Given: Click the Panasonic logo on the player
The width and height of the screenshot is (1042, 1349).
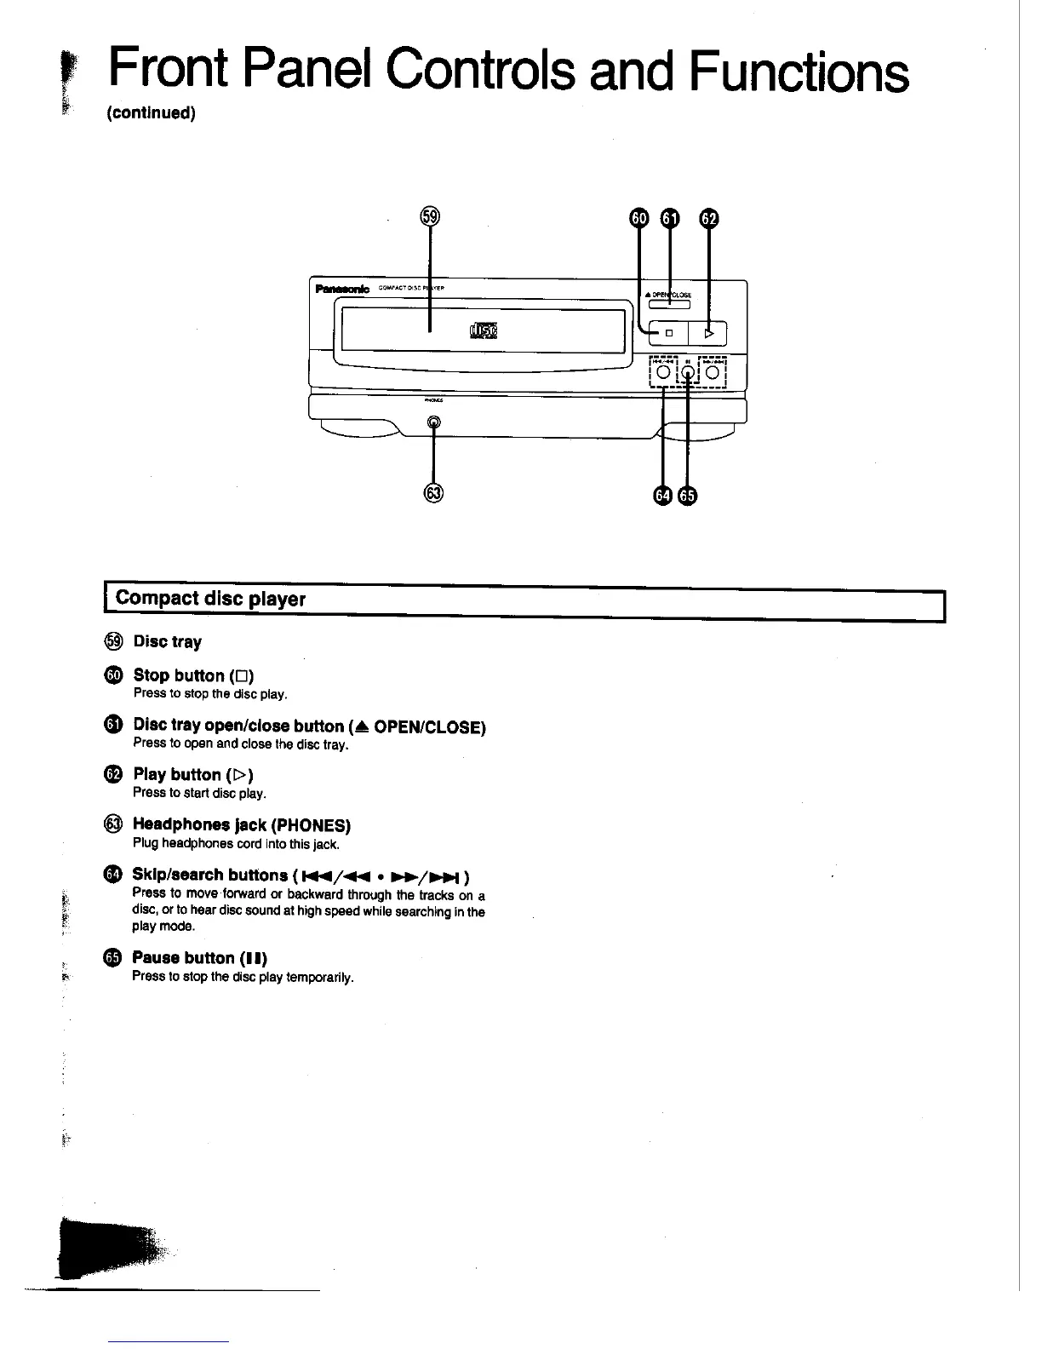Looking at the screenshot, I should pyautogui.click(x=342, y=290).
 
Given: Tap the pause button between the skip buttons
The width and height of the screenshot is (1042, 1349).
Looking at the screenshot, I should pyautogui.click(x=687, y=371).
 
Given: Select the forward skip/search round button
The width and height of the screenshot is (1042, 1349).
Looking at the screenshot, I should pyautogui.click(x=712, y=371).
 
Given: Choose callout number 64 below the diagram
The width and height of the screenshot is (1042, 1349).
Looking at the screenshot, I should pyautogui.click(x=662, y=496).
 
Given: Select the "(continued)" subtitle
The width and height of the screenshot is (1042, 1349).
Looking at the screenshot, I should pyautogui.click(x=152, y=114).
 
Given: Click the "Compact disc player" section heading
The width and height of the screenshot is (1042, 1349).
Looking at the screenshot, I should pyautogui.click(x=210, y=599).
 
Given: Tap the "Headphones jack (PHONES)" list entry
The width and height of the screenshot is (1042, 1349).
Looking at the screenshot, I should pyautogui.click(x=242, y=825).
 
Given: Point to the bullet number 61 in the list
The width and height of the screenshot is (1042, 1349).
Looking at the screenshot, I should pyautogui.click(x=114, y=725).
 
